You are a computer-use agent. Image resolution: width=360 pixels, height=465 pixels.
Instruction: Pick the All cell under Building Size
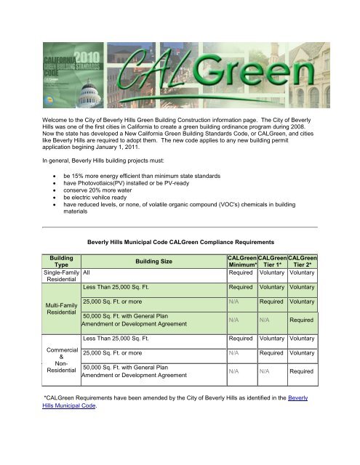coord(87,274)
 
